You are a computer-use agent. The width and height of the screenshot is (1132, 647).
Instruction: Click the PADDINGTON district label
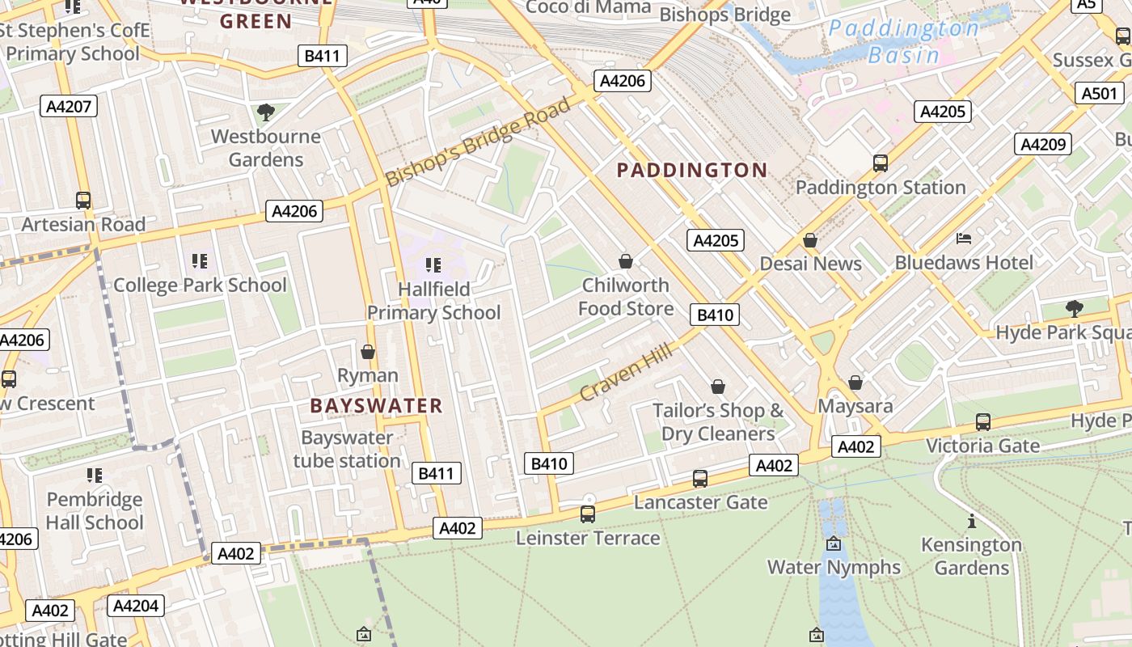pos(691,170)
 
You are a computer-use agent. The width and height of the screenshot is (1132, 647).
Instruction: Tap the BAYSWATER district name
pos(376,406)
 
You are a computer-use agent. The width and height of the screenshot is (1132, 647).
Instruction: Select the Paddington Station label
pos(881,188)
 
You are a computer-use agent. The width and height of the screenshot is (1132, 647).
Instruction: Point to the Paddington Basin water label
pos(904,42)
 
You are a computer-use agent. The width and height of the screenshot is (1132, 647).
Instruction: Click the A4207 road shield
pos(69,106)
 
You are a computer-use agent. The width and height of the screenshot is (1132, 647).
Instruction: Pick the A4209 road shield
pos(1043,145)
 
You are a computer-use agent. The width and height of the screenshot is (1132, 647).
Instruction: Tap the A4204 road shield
pos(136,606)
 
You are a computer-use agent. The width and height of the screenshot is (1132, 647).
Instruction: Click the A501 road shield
pos(1101,94)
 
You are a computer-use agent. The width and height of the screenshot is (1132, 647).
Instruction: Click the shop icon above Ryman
pos(368,352)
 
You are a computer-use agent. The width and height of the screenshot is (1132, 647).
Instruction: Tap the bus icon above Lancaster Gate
pos(700,478)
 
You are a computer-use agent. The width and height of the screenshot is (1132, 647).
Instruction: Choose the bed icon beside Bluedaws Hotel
pos(964,239)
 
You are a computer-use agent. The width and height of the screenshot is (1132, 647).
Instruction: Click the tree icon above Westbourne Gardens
pos(265,112)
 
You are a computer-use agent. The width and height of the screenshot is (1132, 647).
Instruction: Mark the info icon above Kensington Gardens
pos(971,521)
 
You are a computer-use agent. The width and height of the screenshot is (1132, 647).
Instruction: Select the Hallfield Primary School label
pos(434,301)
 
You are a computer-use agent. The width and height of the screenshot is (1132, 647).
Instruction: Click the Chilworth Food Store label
pos(626,297)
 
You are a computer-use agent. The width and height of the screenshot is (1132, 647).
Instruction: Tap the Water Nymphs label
pos(834,567)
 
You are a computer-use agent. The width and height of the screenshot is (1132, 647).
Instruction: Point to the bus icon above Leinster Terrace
pos(588,514)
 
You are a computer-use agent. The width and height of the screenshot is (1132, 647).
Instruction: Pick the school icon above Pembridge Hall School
pos(95,476)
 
